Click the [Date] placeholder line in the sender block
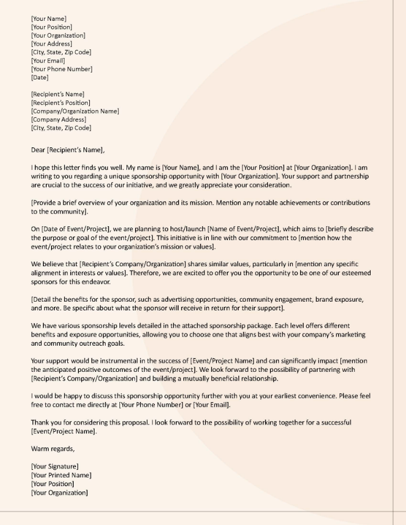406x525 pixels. [39, 77]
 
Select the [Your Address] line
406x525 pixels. [52, 44]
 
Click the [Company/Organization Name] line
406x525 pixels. [75, 111]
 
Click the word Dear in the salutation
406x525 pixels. [38, 150]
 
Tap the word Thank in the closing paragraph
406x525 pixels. [41, 423]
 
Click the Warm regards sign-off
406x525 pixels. [53, 449]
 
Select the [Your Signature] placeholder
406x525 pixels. [55, 466]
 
